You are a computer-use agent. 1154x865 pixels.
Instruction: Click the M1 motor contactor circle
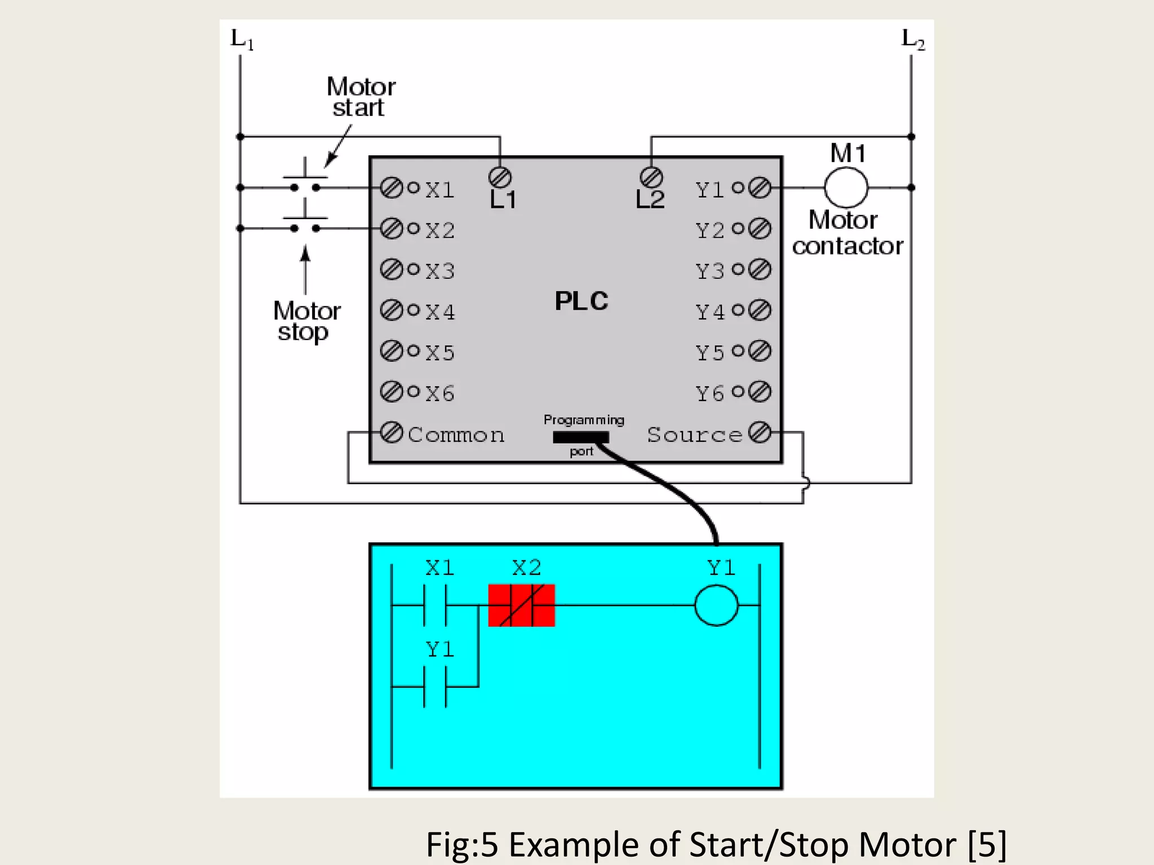(x=846, y=188)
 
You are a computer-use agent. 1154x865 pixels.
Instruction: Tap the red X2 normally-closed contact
(x=521, y=605)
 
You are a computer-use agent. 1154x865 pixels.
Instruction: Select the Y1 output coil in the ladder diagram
(x=716, y=605)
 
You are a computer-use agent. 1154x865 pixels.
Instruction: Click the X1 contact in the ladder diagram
(x=435, y=605)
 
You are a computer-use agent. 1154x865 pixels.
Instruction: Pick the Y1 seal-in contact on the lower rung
(x=435, y=686)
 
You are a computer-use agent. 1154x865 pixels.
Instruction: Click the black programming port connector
(x=580, y=437)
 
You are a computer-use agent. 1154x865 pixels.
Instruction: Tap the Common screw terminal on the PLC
(x=391, y=432)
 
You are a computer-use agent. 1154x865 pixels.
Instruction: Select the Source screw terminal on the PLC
(x=760, y=432)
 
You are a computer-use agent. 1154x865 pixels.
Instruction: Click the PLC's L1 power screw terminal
(x=500, y=177)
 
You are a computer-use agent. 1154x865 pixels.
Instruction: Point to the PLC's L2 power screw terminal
(x=651, y=177)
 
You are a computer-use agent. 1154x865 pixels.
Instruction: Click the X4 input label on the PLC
(x=440, y=312)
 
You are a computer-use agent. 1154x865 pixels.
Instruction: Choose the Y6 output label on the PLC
(x=709, y=394)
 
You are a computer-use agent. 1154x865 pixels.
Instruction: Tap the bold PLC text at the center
(x=582, y=301)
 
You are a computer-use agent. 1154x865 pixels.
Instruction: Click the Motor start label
(x=361, y=97)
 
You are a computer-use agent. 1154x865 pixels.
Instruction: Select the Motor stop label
(x=306, y=322)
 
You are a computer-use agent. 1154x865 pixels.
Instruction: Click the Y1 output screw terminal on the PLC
(x=760, y=188)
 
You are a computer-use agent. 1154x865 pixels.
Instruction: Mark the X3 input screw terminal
(x=391, y=269)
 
